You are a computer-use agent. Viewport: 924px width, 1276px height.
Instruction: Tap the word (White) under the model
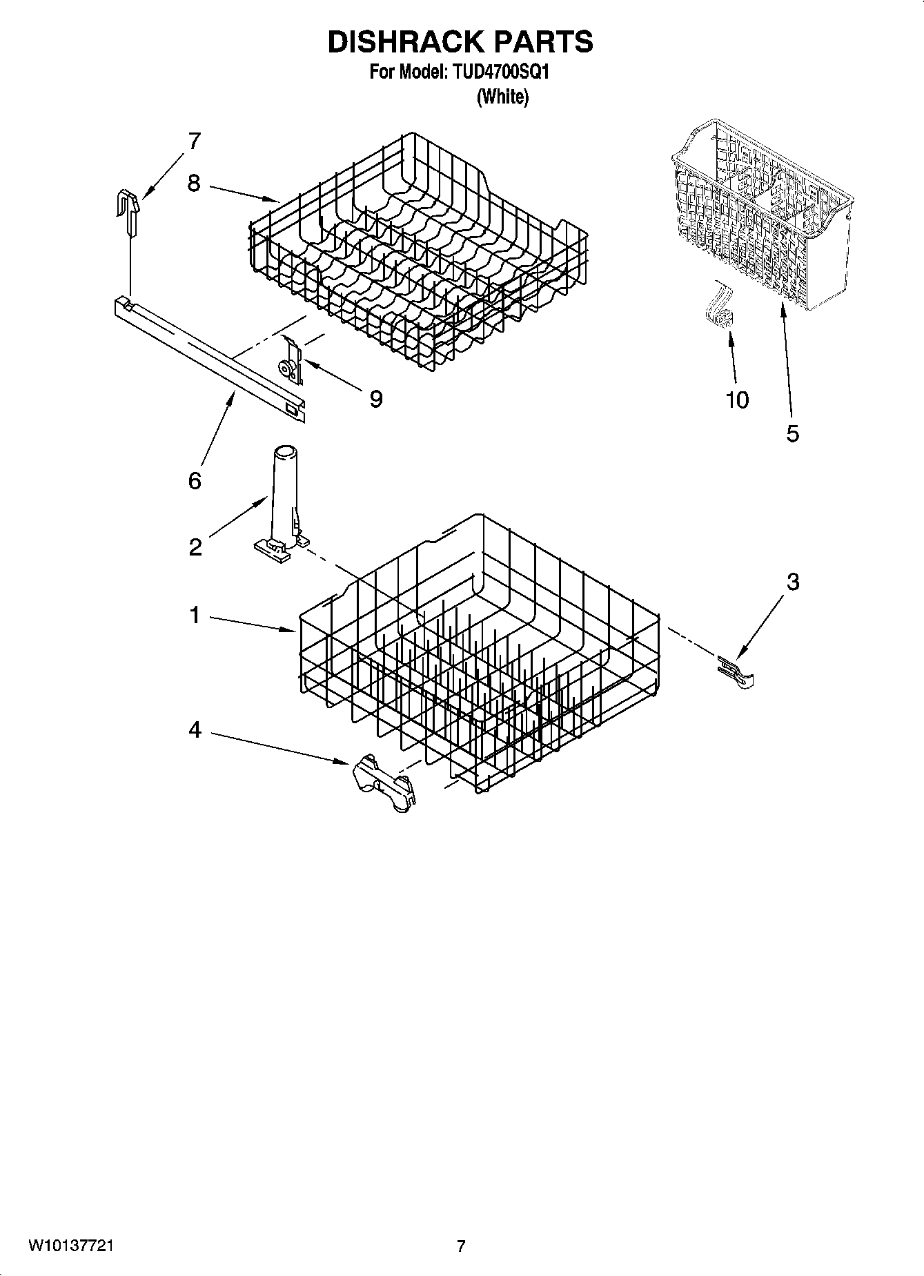click(502, 97)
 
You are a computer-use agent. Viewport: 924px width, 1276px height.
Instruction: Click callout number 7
click(194, 141)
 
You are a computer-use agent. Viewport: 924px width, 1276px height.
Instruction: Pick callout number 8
click(194, 184)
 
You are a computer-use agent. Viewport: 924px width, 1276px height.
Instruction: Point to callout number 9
click(376, 399)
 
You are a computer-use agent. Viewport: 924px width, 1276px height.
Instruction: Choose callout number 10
click(737, 400)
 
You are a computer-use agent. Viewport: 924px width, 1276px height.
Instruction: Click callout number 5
click(792, 433)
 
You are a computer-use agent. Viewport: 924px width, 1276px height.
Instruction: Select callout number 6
click(195, 480)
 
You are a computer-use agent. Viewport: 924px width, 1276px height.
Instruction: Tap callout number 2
click(195, 548)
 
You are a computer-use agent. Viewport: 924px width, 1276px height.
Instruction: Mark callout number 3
click(793, 582)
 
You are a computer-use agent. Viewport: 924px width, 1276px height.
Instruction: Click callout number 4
click(195, 729)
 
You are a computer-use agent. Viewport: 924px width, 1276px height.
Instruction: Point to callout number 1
click(195, 615)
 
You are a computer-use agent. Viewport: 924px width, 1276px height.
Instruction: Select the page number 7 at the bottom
click(461, 1246)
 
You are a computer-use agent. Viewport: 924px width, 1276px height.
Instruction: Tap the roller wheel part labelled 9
click(291, 362)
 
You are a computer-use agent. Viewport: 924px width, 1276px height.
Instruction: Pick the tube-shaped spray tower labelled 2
click(283, 497)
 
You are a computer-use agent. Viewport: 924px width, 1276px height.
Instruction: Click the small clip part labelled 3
click(737, 673)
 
